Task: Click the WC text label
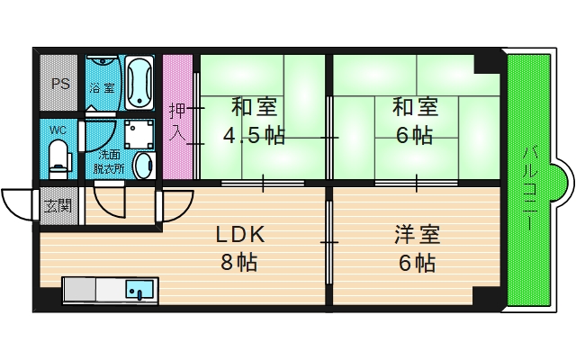coord(58,130)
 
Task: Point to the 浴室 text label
coord(101,88)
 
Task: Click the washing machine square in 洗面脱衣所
coord(139,134)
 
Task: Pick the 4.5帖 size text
coord(255,136)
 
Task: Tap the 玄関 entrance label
coord(56,205)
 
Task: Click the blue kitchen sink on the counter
coord(139,290)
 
